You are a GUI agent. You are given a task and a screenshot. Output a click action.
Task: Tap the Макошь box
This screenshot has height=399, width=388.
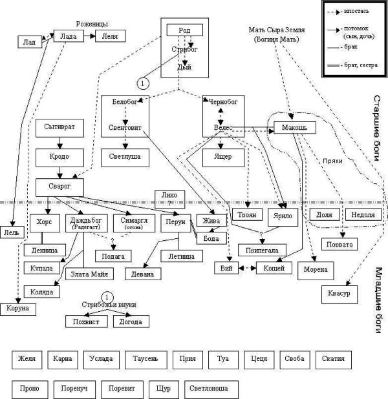[x=294, y=127]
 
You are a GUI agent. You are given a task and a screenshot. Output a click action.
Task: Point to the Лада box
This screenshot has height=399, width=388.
[x=69, y=37]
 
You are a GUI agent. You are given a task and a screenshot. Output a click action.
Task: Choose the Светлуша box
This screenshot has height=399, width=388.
[x=124, y=156]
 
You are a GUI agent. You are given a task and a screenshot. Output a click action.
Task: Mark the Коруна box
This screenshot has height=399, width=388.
[x=17, y=309]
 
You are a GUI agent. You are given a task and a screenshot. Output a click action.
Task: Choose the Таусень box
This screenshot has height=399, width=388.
[x=145, y=359]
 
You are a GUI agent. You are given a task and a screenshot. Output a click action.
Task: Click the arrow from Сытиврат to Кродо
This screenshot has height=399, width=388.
[x=60, y=142]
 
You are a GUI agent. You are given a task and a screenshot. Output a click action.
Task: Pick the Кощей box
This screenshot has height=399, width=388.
[x=275, y=267]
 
